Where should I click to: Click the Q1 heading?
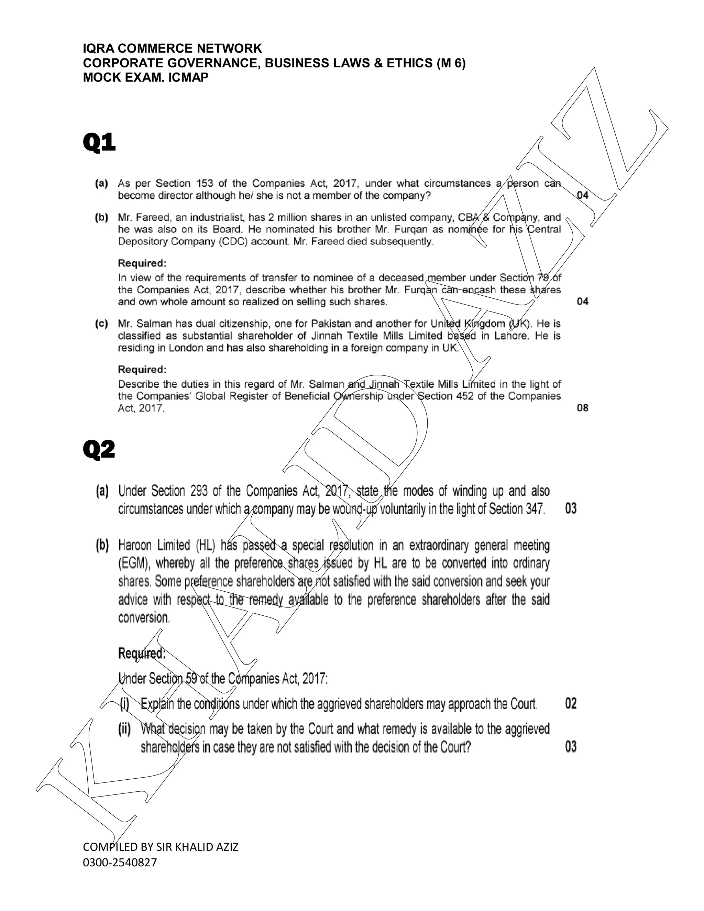tap(99, 143)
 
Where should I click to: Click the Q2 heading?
tap(99, 450)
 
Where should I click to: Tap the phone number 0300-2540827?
tap(120, 862)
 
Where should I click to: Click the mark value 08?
tap(583, 408)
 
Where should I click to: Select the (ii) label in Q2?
tap(125, 729)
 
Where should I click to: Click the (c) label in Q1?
tap(101, 324)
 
